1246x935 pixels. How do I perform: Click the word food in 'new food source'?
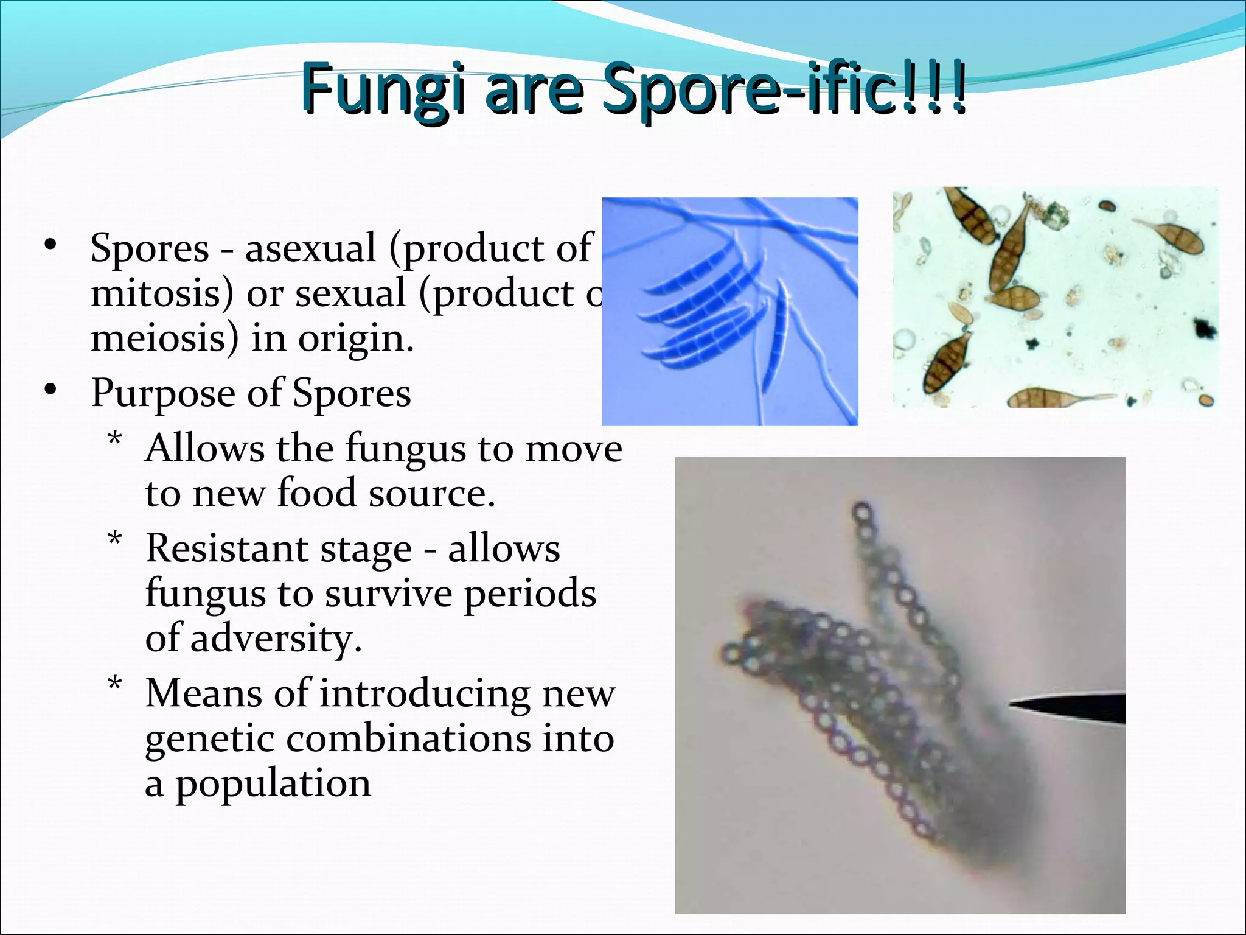[x=316, y=493]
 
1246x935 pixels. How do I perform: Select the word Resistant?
[x=226, y=549]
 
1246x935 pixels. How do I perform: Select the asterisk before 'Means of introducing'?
[x=114, y=685]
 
